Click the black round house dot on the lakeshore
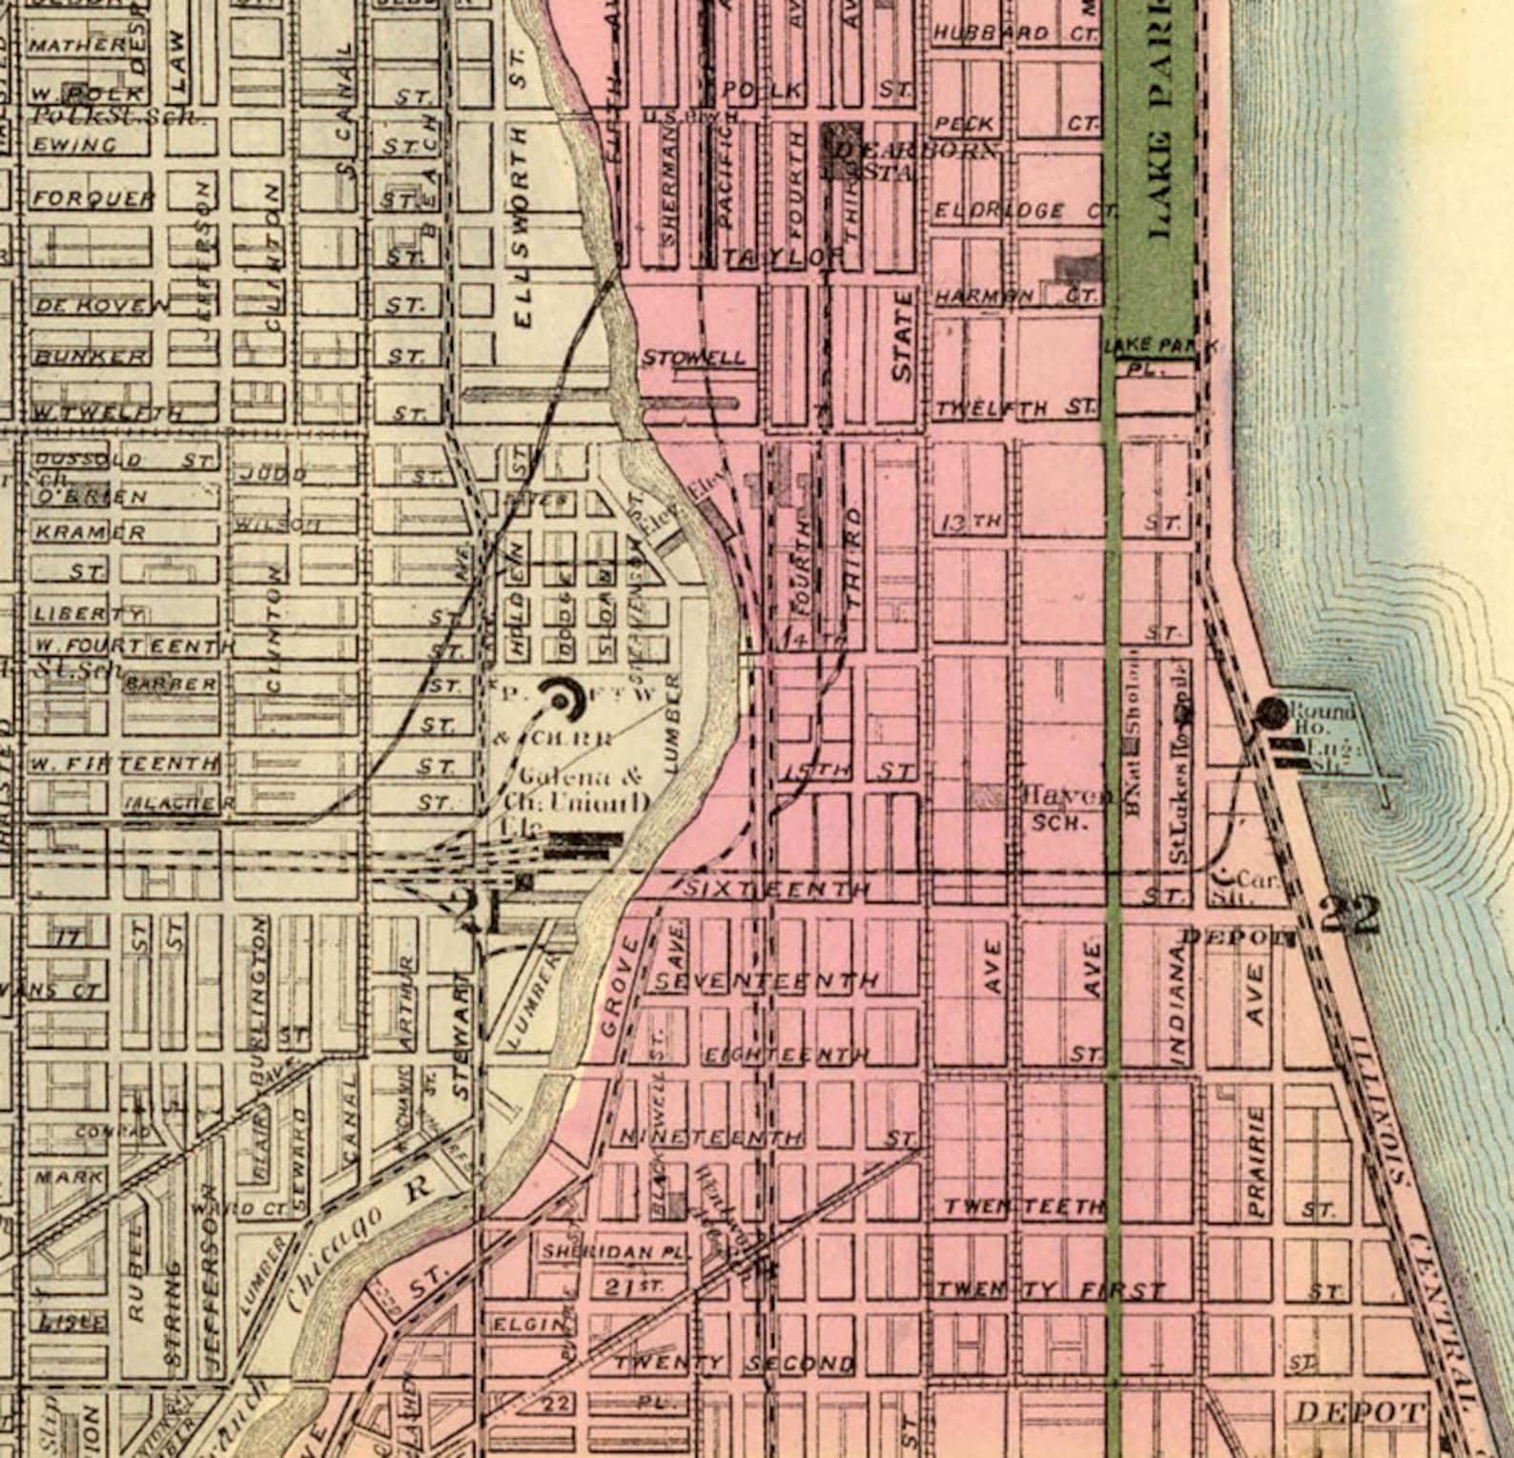click(x=1271, y=709)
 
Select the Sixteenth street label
click(x=777, y=889)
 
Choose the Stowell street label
click(x=693, y=359)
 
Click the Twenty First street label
click(x=1049, y=1291)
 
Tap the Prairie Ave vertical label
click(x=1257, y=1162)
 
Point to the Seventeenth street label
click(x=767, y=980)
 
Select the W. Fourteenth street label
click(x=129, y=647)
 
